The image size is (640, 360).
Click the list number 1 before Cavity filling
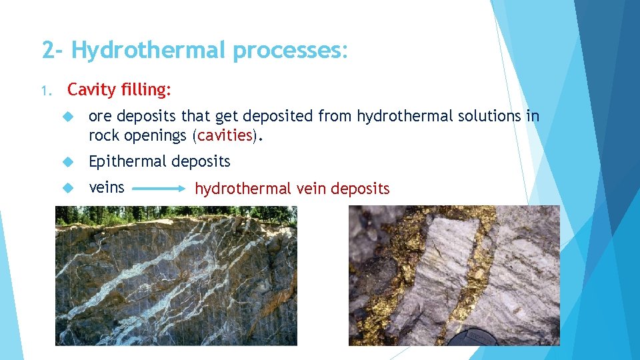45,89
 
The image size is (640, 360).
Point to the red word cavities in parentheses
225,135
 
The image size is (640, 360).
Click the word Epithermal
128,161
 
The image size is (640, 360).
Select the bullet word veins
107,187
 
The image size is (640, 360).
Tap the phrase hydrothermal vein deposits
292,189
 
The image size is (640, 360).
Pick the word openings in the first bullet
157,135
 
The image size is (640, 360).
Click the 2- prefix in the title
53,50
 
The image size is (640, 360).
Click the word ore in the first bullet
100,117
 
